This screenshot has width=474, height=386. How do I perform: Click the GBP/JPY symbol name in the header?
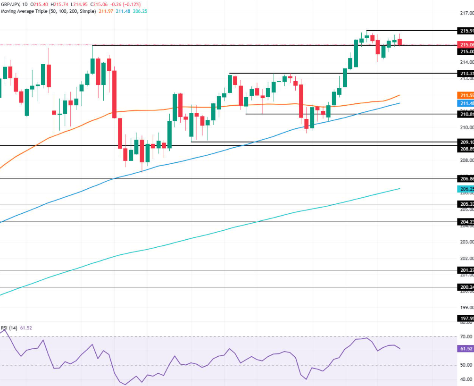[10, 4]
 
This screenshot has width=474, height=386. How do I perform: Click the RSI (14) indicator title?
[9, 328]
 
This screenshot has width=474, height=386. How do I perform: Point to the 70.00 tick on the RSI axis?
[466, 336]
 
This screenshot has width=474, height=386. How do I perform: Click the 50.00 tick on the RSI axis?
[466, 365]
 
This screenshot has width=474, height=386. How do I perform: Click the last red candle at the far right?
[400, 42]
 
